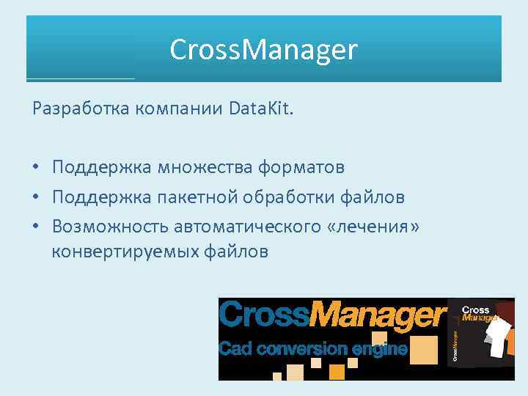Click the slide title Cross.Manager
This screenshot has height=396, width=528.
click(263, 50)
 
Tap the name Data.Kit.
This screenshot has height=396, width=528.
click(260, 109)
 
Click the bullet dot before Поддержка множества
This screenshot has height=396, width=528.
click(36, 168)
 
